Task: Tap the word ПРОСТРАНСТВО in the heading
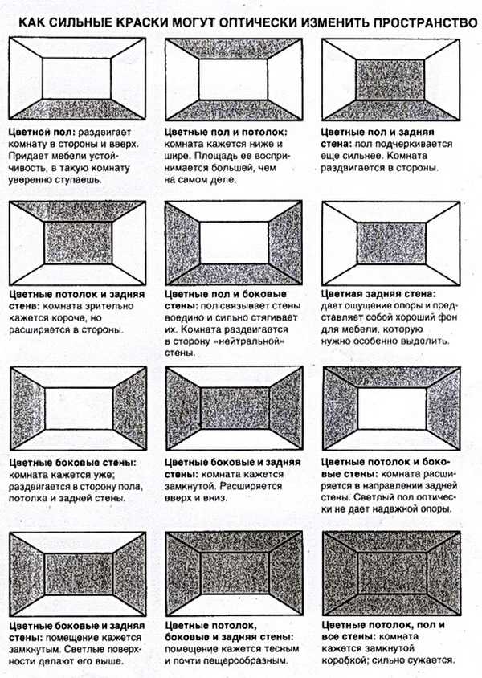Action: coord(425,22)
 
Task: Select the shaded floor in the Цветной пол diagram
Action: coord(77,109)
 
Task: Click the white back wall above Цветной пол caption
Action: coord(77,78)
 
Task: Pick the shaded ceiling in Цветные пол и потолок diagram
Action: coord(234,48)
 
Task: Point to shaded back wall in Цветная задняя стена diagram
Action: coord(392,243)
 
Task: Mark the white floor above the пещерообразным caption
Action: coord(234,605)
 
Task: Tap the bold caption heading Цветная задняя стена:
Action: coord(378,294)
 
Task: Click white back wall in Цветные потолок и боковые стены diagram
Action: coord(392,408)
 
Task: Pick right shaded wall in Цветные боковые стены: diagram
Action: coord(129,408)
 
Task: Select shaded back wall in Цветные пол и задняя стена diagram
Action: coord(390,80)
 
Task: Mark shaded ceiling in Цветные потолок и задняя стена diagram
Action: coord(78,212)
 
